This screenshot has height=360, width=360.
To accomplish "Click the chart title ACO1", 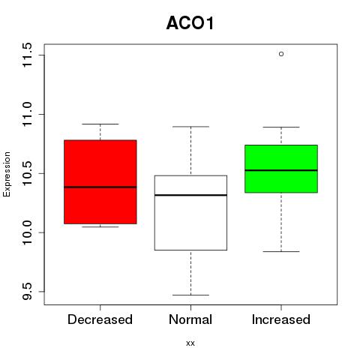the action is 190,23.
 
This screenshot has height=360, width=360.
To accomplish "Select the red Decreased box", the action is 100,181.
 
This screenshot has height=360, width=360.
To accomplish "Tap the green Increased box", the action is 281,169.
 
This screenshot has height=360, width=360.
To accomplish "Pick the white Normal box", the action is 190,213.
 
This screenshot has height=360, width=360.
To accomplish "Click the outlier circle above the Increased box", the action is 281,54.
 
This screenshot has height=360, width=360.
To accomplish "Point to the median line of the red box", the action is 100,187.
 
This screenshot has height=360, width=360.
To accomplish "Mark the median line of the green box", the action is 281,170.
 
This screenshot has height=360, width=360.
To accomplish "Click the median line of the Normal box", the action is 190,195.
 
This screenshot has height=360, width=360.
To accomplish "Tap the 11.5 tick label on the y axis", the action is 27,55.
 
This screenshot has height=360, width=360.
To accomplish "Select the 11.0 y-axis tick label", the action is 27,114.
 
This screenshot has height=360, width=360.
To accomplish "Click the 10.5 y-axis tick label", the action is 27,173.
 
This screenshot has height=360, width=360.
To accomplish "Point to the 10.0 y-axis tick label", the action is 27,232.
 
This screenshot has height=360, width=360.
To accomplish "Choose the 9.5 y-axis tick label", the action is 27,292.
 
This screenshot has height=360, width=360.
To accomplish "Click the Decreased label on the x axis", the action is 100,319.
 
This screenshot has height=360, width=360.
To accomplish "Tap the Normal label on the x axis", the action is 190,319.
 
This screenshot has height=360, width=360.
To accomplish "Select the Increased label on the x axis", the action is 281,319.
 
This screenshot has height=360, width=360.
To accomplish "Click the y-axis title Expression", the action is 7,174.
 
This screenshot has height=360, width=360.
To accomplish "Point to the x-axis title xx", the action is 190,343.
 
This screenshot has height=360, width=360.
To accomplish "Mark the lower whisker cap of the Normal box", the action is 190,295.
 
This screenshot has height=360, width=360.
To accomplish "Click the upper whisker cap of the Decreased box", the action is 100,124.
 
